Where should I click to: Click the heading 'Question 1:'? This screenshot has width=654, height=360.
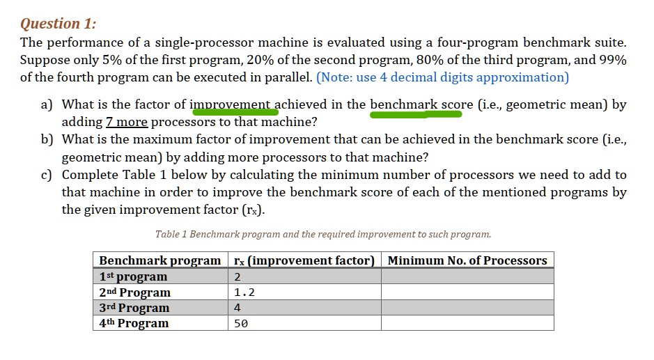58,24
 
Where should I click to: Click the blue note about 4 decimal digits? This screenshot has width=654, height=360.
442,77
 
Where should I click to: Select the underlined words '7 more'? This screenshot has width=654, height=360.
126,123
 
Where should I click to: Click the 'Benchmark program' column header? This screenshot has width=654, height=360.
159,260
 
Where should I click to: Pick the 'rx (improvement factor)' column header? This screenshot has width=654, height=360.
304,260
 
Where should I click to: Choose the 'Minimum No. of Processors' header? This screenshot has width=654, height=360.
467,260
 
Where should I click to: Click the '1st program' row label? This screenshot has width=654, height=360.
133,276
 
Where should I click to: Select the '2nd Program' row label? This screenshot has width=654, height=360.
134,292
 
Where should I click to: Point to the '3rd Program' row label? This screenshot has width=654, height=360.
134,308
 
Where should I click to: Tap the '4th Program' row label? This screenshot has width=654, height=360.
134,323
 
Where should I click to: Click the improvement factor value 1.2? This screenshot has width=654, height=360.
244,292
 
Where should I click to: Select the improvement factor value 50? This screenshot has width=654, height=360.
241,323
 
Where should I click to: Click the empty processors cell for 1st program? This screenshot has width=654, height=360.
467,276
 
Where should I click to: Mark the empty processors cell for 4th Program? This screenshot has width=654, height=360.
467,323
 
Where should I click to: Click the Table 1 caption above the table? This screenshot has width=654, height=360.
323,235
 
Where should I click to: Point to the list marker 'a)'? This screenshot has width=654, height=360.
47,105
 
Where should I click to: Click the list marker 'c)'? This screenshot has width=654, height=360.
47,175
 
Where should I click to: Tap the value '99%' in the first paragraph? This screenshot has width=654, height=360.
612,60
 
